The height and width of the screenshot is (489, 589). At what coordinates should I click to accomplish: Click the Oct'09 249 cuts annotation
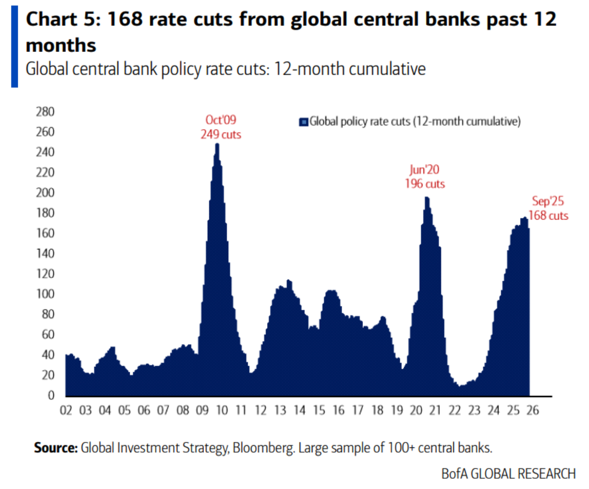point(221,127)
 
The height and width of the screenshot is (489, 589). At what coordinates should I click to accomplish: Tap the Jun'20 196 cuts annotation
point(425,177)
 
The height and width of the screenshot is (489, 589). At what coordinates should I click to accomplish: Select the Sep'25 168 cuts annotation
point(548,208)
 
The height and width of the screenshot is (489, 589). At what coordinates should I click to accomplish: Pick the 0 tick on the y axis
point(51,395)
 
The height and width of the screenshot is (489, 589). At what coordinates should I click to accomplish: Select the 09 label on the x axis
point(201,411)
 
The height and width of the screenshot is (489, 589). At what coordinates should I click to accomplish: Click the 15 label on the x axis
point(318,411)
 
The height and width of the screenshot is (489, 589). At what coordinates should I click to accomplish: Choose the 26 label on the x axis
point(532,411)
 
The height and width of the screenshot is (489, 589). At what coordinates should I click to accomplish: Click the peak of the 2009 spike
point(217,144)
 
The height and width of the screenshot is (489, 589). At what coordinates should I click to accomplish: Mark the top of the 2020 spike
point(427,198)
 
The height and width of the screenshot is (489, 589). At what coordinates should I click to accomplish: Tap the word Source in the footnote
point(55,448)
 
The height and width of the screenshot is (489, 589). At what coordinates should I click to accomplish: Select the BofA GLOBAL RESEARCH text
point(508,474)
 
